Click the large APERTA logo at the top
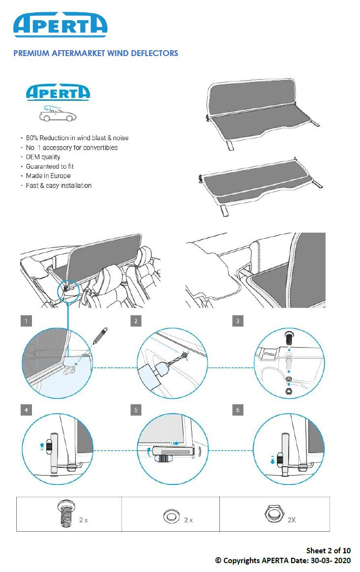coord(60,25)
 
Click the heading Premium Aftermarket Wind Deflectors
coord(95,53)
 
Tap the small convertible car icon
coord(58,114)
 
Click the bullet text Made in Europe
coord(48,176)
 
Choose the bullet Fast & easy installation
coord(59,185)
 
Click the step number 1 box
coord(27,321)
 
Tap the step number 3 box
coord(238,321)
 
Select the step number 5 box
coord(136,410)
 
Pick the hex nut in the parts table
coord(271,514)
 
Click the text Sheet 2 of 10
coord(329,550)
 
